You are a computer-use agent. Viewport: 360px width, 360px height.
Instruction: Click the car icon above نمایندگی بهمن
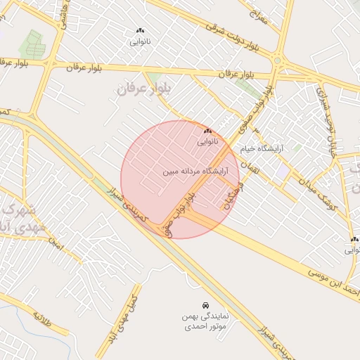click(205, 306)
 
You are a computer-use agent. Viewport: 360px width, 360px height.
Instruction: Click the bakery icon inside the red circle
click(207, 131)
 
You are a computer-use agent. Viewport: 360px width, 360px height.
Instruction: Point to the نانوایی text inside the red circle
click(207, 141)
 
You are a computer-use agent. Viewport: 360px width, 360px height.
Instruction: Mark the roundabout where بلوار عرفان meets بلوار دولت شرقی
click(278, 61)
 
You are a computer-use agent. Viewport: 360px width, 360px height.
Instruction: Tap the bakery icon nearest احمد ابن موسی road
click(354, 239)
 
